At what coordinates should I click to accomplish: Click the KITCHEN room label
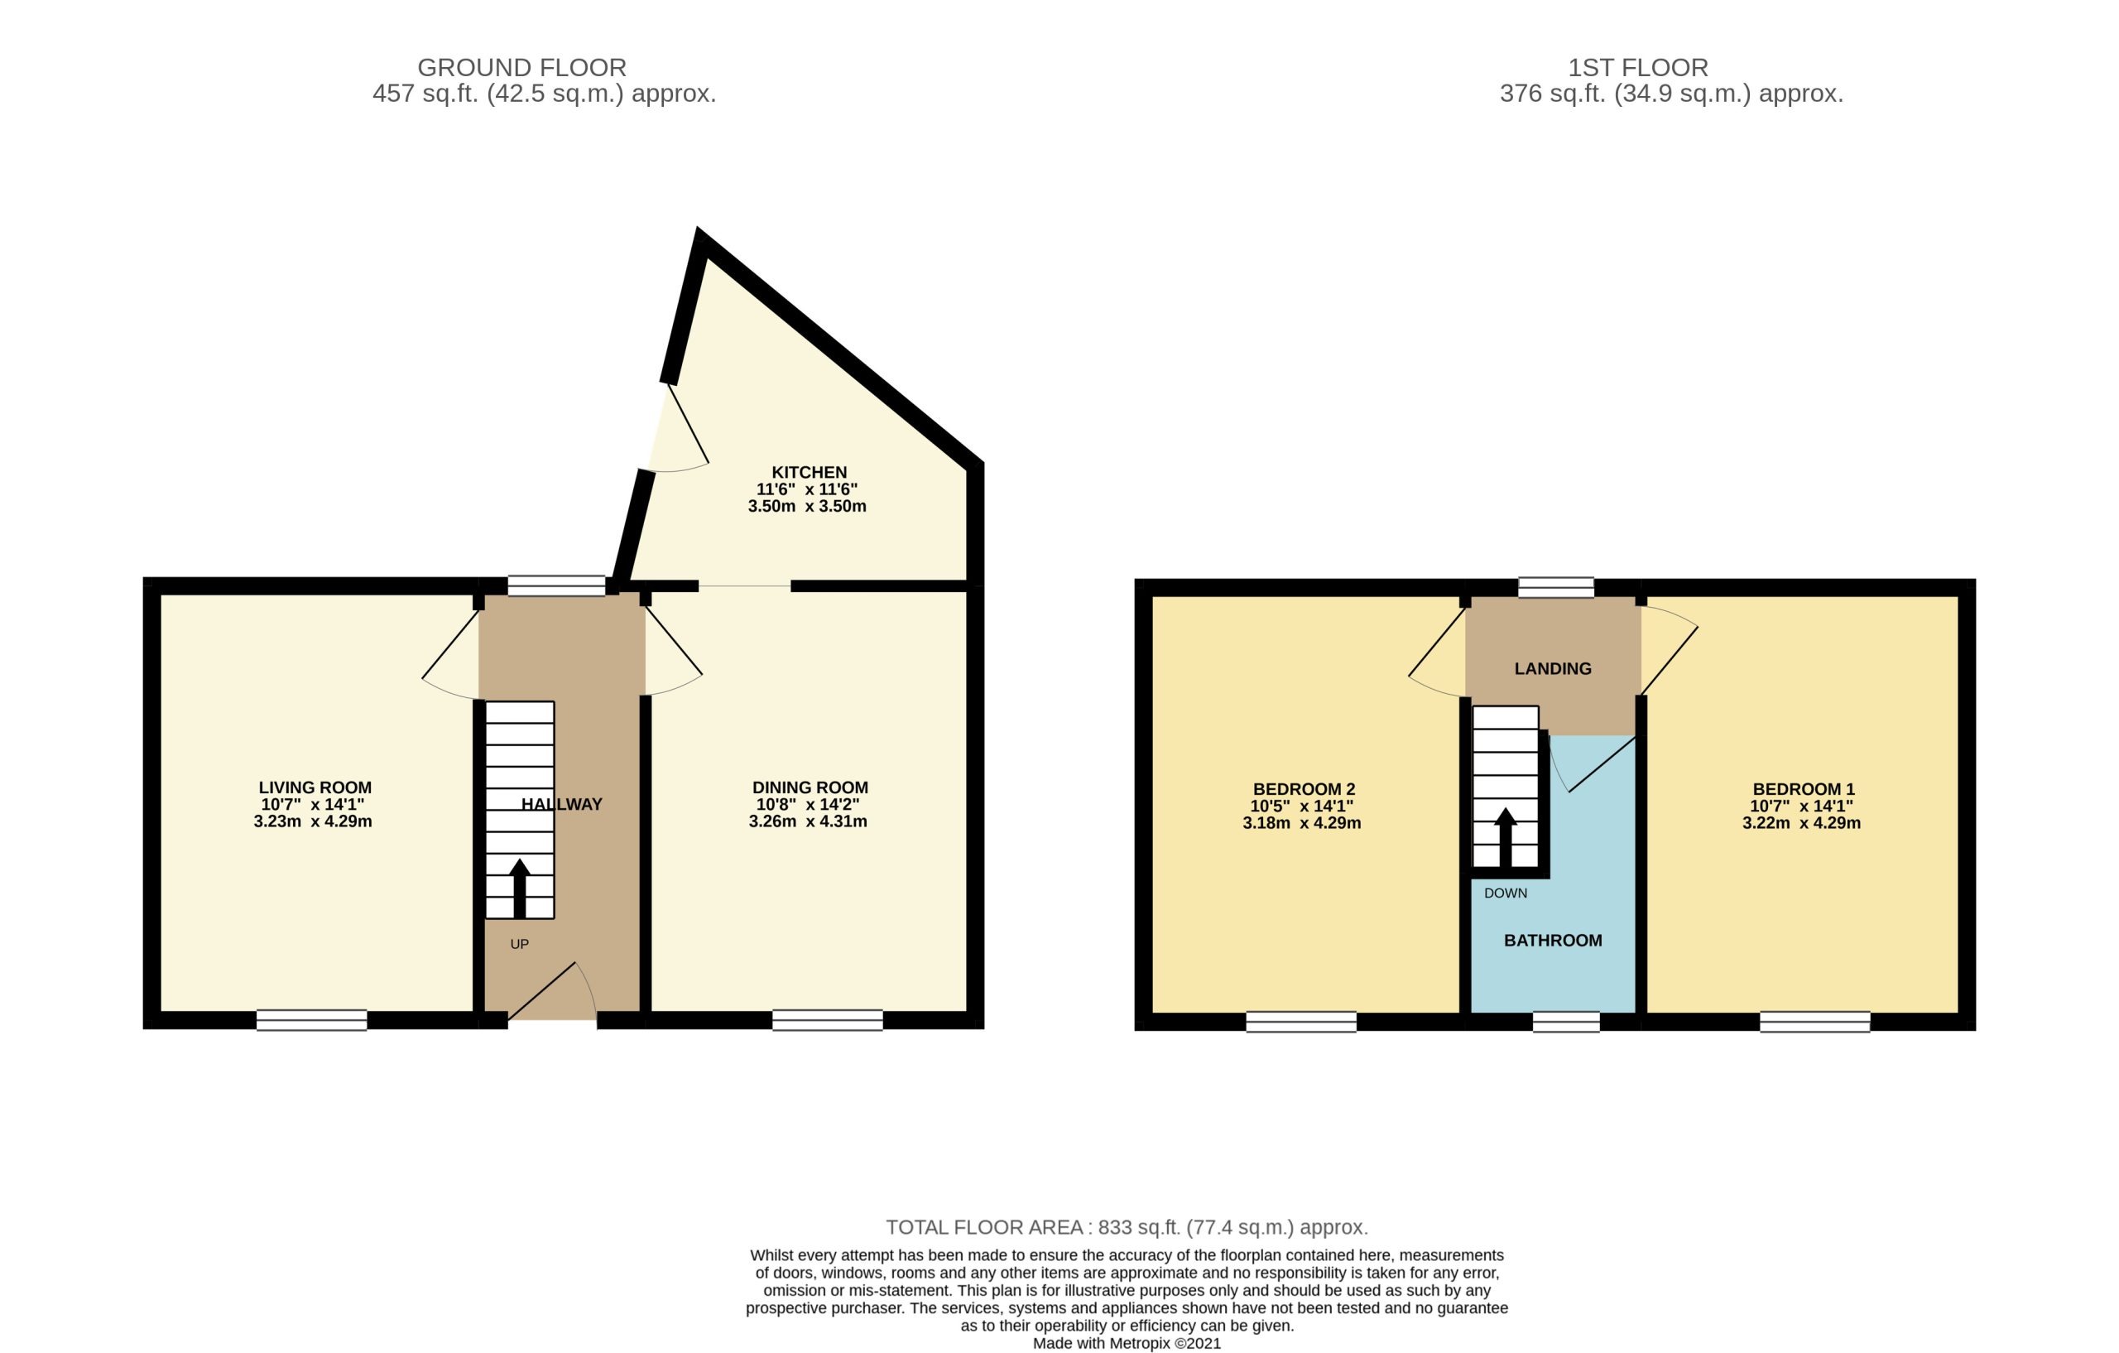pos(809,473)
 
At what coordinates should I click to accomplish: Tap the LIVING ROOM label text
pos(315,787)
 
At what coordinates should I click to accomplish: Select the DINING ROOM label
pos(810,787)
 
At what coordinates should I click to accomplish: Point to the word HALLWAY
pos(561,804)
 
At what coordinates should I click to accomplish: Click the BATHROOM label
pos(1552,940)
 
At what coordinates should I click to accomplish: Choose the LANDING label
pos(1552,669)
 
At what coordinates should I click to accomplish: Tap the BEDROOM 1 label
pos(1803,790)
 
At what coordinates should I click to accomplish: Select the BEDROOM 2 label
pos(1303,790)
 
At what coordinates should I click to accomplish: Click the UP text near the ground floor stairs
pos(519,945)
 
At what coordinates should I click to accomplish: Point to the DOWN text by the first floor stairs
pos(1505,893)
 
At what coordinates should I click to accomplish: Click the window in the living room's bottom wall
pos(311,1020)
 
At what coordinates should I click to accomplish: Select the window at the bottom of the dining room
pos(827,1020)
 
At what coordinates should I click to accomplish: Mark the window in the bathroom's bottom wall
pos(1565,1022)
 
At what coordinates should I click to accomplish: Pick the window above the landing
pos(1556,587)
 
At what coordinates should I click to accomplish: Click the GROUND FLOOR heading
pos(521,68)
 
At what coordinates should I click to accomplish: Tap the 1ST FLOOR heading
pos(1637,68)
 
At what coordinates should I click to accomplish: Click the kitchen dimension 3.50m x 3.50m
pos(807,506)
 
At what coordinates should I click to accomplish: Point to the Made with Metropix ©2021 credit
pos(1127,1343)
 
